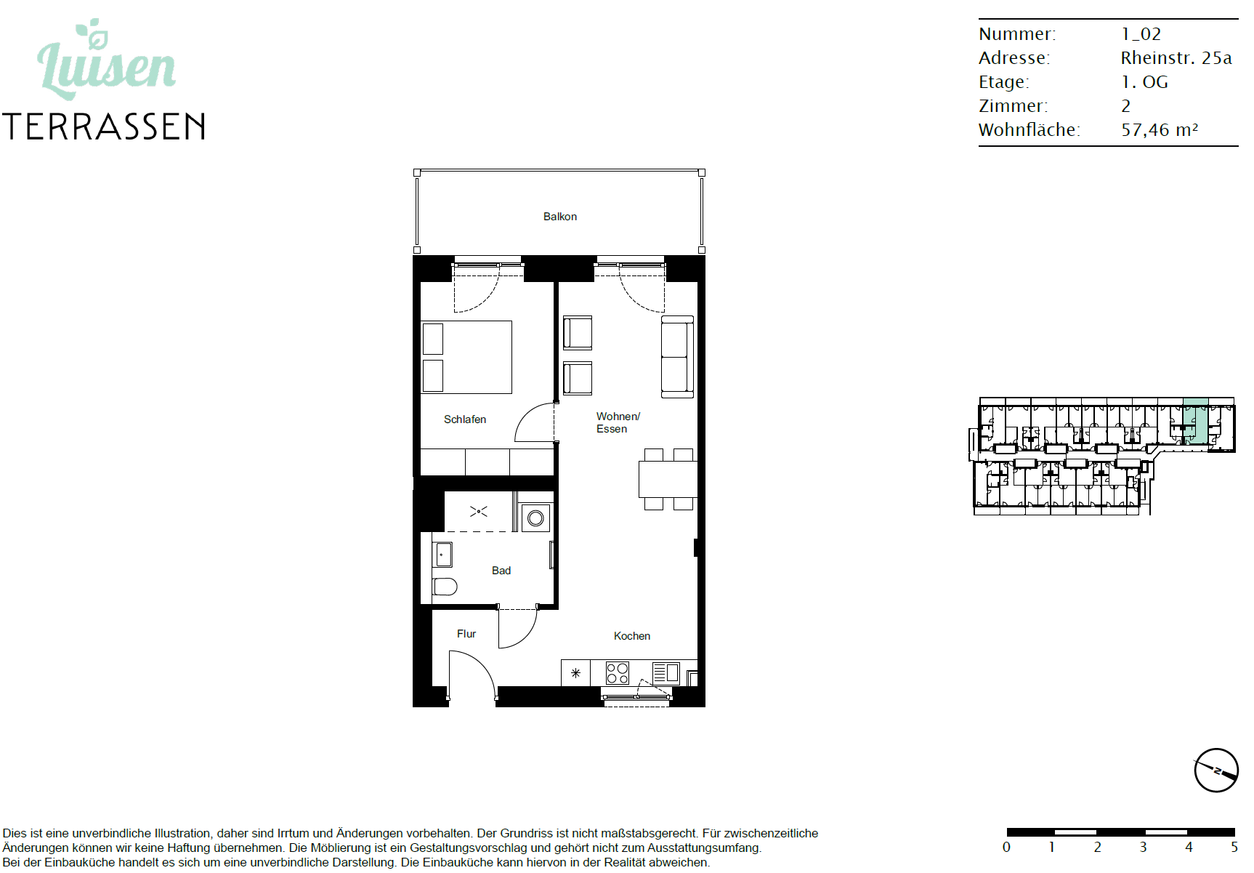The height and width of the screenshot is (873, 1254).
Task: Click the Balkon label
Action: click(560, 217)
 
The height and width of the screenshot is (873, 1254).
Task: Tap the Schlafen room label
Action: click(465, 419)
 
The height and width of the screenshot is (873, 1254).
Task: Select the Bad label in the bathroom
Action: click(501, 571)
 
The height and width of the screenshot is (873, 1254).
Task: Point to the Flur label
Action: click(466, 634)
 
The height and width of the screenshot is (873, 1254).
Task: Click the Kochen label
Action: click(632, 636)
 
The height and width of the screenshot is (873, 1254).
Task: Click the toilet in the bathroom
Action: click(445, 587)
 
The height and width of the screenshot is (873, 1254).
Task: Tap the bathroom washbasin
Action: click(442, 555)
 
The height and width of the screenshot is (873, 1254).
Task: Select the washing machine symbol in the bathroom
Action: click(536, 518)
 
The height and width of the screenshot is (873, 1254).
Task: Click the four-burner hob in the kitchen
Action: click(618, 673)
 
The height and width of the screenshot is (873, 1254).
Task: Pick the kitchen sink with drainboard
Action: click(666, 673)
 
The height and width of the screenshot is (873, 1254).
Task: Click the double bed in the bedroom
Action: click(466, 357)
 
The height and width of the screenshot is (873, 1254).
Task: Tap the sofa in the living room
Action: click(677, 357)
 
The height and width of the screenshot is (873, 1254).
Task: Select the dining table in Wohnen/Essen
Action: click(668, 479)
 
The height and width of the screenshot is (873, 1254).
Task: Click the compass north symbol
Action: click(1216, 771)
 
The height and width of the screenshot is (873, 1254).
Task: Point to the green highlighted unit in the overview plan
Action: click(1196, 422)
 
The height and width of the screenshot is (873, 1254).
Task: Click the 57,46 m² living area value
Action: click(1160, 130)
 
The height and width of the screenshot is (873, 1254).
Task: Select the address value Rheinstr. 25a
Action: click(1176, 58)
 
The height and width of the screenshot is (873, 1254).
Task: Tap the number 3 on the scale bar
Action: click(1143, 847)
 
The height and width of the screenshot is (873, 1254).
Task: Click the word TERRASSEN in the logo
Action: click(104, 126)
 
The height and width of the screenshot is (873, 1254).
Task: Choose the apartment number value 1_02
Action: click(1141, 34)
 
